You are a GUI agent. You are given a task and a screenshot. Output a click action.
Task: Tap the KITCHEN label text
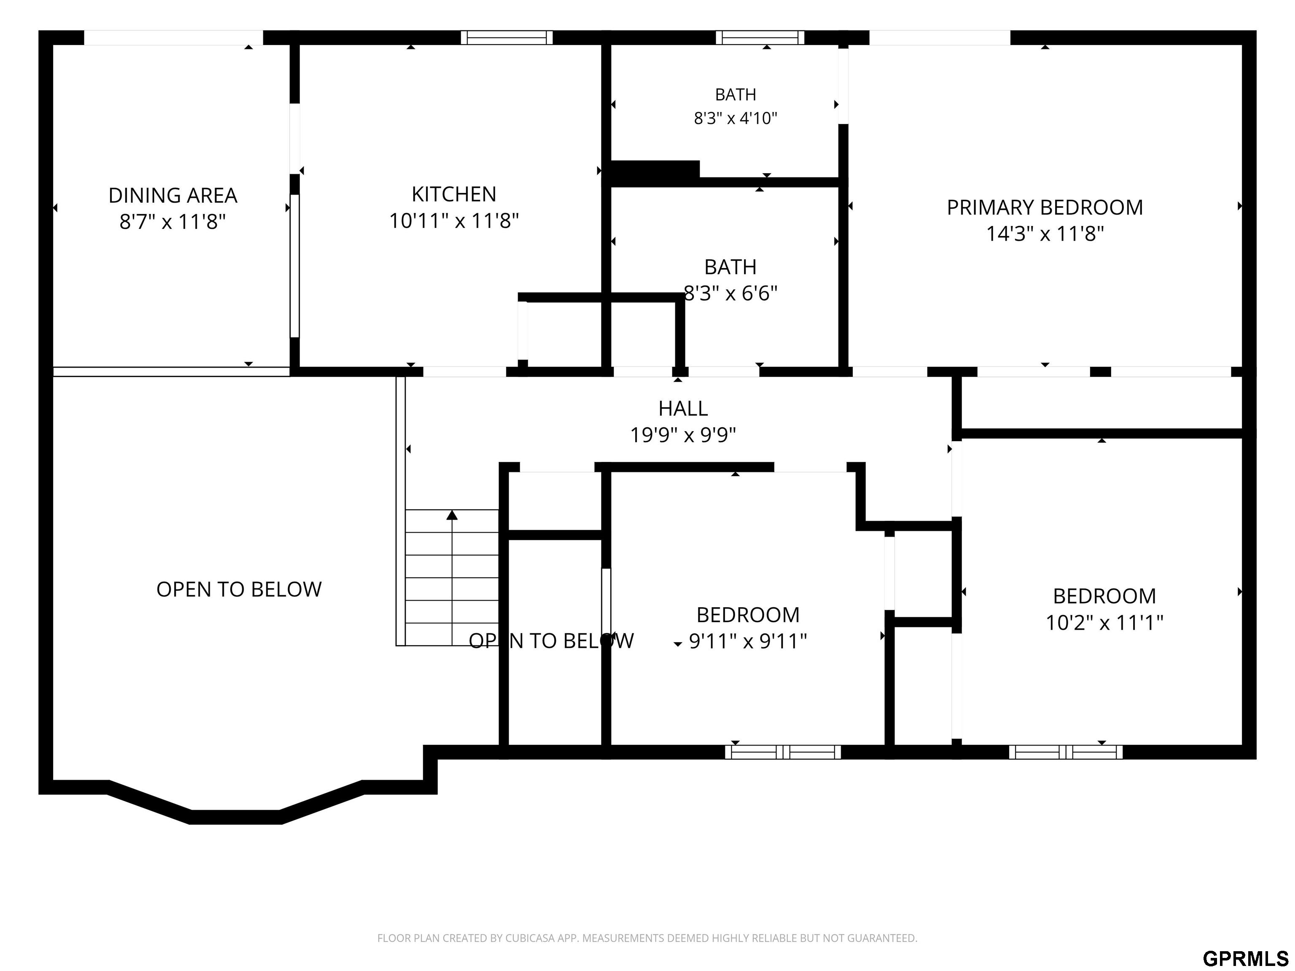[x=454, y=194]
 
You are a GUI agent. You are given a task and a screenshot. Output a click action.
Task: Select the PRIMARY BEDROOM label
[x=1045, y=208]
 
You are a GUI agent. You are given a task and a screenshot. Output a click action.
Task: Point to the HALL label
[x=683, y=408]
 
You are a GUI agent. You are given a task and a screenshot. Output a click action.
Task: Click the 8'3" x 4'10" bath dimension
[x=735, y=119]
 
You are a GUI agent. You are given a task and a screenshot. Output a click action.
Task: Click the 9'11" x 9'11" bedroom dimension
[x=747, y=641]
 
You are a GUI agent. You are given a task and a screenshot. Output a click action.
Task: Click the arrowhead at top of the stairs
[x=452, y=515]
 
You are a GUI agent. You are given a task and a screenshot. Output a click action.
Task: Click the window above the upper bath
[x=760, y=38]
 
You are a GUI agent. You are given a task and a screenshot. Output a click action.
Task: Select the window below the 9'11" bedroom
[x=783, y=752]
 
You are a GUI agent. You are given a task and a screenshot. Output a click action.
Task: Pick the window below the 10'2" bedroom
[x=1066, y=752]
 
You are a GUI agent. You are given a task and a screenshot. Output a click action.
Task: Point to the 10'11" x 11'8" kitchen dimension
[x=454, y=221]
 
